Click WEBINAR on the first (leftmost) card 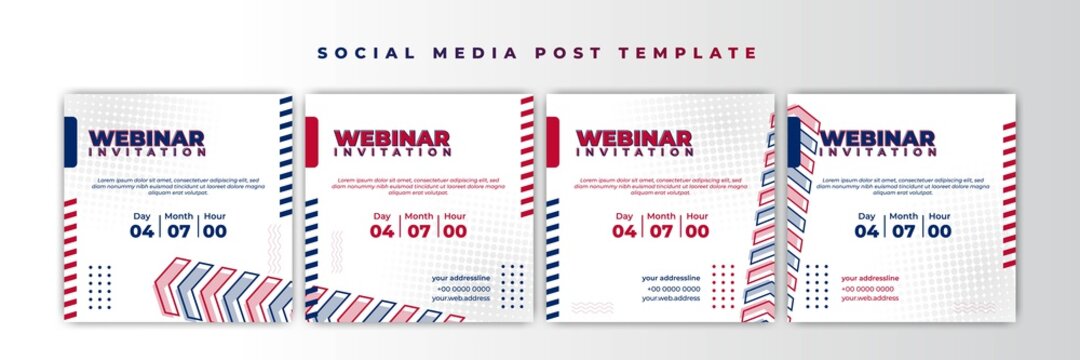click(x=147, y=139)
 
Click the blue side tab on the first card click(x=70, y=140)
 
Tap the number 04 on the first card click(x=140, y=231)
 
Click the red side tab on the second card click(x=312, y=140)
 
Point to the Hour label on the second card click(x=455, y=216)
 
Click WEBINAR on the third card click(x=634, y=139)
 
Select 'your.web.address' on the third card click(x=671, y=298)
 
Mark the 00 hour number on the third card click(x=698, y=231)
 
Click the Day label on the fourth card click(x=866, y=216)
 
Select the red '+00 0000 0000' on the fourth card click(x=870, y=288)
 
